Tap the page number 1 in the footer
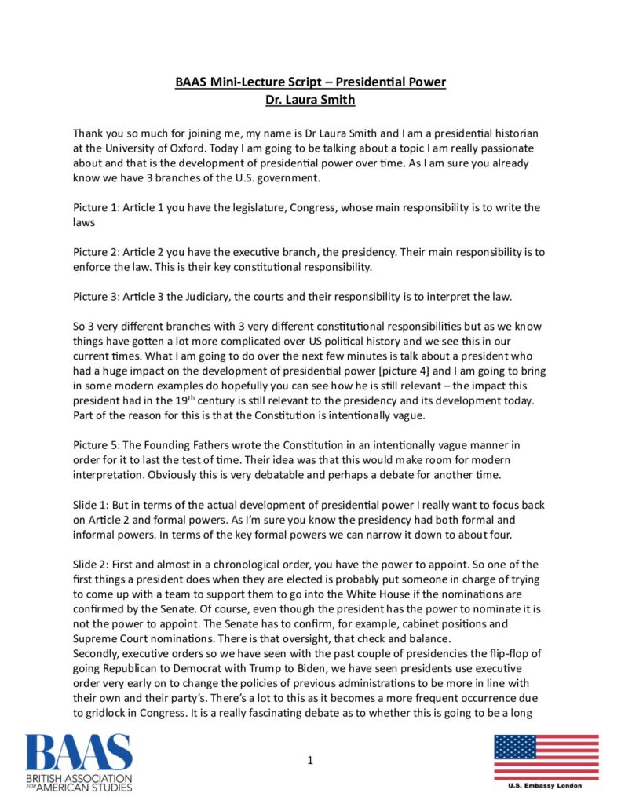(310, 759)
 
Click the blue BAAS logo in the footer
(79, 760)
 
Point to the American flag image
(546, 757)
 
